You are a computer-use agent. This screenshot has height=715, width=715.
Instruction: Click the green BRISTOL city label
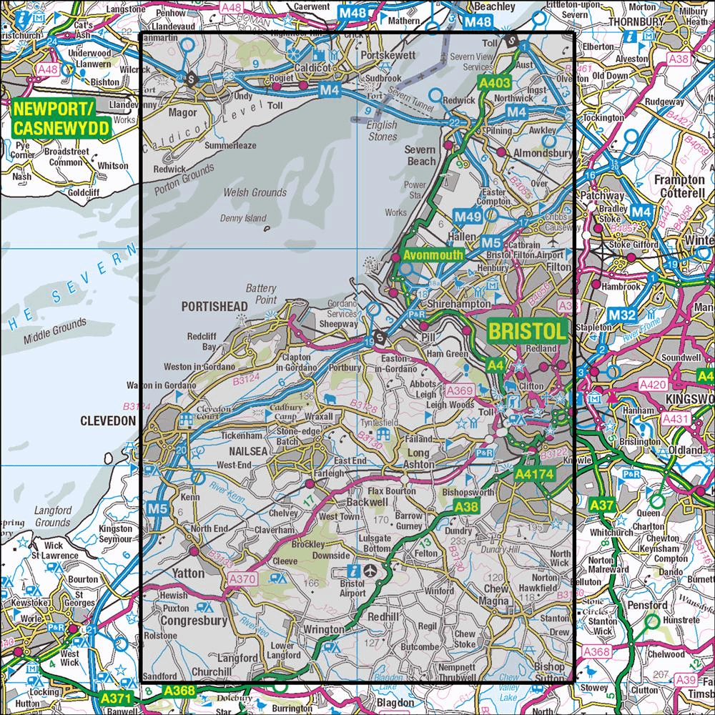point(527,330)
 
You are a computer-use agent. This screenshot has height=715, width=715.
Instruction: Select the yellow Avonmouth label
point(433,255)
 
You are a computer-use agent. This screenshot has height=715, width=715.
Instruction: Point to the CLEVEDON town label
point(107,421)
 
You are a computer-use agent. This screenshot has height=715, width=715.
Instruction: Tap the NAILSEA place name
point(247,451)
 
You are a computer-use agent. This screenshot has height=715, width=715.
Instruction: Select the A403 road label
point(494,84)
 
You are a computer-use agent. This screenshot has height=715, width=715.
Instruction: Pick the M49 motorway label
point(468,217)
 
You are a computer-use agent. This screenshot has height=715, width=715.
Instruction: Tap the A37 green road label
point(602,506)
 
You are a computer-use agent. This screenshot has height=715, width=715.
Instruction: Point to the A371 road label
point(116,697)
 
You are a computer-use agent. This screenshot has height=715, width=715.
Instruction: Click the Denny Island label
point(243,218)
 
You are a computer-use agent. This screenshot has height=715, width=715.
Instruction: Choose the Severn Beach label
point(420,155)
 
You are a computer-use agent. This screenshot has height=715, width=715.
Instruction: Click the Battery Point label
point(261,293)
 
